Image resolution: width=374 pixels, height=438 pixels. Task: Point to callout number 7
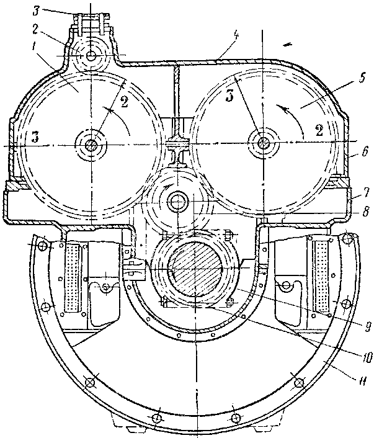click(367, 192)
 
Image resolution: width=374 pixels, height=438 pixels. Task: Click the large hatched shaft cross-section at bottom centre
click(197, 268)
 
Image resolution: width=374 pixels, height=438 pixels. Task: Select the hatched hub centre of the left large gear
click(91, 145)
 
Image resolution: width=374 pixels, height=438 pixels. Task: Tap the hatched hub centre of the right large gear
click(262, 143)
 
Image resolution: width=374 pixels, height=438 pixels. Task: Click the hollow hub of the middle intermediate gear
click(177, 201)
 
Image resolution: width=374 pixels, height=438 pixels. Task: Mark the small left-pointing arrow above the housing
click(288, 44)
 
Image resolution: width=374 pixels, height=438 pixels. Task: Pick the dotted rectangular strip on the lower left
click(73, 277)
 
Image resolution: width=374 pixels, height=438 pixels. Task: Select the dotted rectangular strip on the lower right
click(321, 277)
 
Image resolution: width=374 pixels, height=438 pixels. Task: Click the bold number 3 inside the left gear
click(35, 138)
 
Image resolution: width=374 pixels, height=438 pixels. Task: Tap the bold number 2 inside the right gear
click(319, 130)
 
